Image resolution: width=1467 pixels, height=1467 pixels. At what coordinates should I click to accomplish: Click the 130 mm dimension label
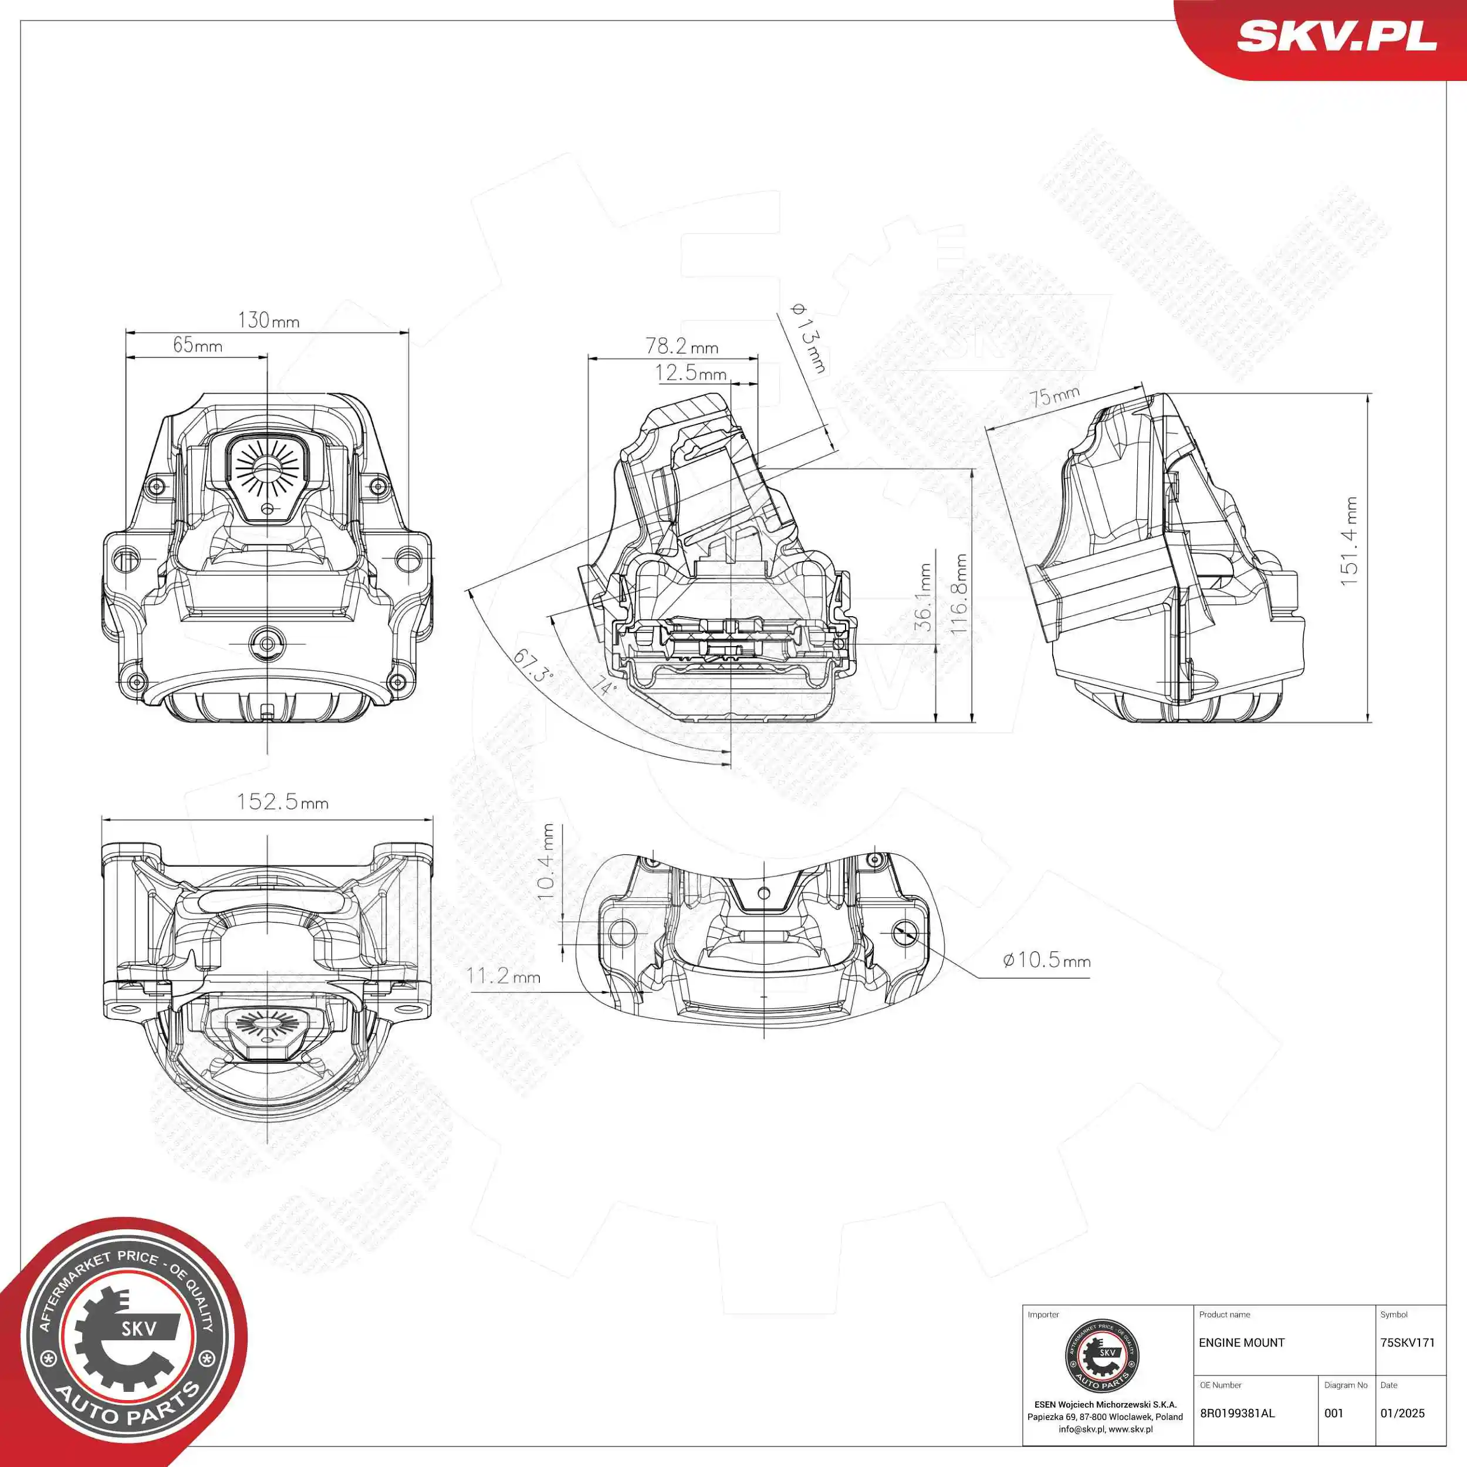[x=268, y=320]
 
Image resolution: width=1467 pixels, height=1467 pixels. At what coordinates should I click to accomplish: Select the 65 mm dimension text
[x=197, y=346]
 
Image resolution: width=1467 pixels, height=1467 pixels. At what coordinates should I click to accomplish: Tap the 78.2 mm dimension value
[x=681, y=346]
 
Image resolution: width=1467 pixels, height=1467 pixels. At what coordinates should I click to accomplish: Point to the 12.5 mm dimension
[x=690, y=373]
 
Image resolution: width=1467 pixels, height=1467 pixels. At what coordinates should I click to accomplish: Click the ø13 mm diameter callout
[x=809, y=339]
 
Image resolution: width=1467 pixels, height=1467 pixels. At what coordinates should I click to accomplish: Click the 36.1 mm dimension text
[x=922, y=597]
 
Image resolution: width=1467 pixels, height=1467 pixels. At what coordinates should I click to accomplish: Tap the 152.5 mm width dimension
[x=282, y=802]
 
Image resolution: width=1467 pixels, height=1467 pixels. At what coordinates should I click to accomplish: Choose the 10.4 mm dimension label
[x=547, y=862]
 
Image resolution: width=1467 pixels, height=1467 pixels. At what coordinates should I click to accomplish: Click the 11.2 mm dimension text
[x=503, y=976]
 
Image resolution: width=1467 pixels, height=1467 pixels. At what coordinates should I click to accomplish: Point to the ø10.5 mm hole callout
[x=1046, y=960]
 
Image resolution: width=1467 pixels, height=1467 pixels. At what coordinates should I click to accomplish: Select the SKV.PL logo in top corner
[x=1336, y=36]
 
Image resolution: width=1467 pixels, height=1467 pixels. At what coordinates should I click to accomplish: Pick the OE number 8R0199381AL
[x=1237, y=1413]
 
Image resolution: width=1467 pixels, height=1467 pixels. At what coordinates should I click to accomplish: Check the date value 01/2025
[x=1402, y=1413]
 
